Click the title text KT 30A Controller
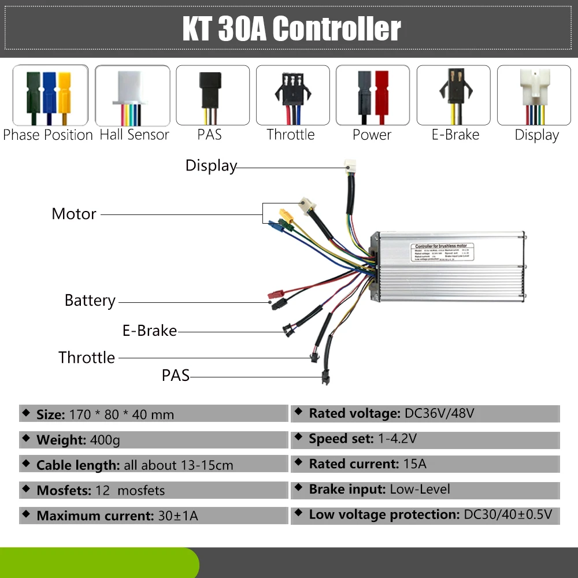pyautogui.click(x=291, y=29)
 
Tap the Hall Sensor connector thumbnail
pyautogui.click(x=132, y=95)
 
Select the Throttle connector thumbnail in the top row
pyautogui.click(x=291, y=95)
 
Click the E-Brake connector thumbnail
pyautogui.click(x=453, y=95)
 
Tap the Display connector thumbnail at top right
pyautogui.click(x=533, y=95)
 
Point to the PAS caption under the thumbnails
pyautogui.click(x=209, y=135)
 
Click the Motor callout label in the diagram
pyautogui.click(x=73, y=214)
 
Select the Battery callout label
pyautogui.click(x=90, y=301)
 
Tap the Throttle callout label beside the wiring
pyautogui.click(x=87, y=357)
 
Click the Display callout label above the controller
pyautogui.click(x=211, y=166)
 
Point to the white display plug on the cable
pyautogui.click(x=349, y=165)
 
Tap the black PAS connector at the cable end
pyautogui.click(x=325, y=379)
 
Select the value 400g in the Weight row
pyautogui.click(x=105, y=440)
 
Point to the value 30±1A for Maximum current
pyautogui.click(x=178, y=516)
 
